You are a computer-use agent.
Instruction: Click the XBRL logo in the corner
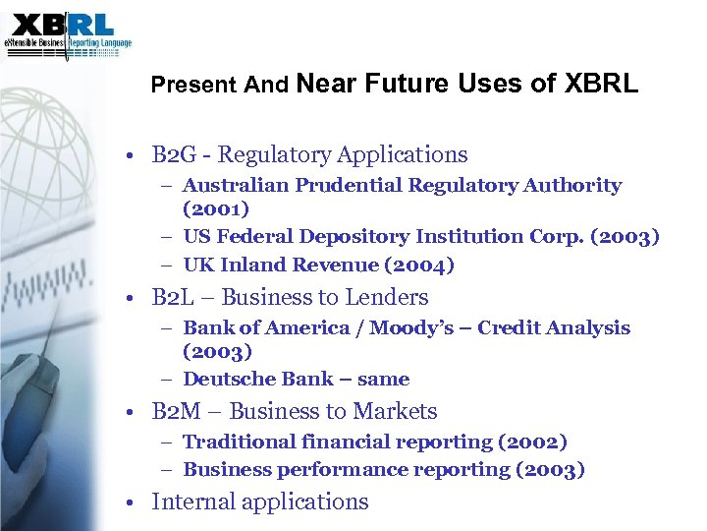coord(67,33)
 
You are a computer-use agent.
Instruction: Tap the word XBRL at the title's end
coord(601,84)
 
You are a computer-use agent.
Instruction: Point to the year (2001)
coord(216,208)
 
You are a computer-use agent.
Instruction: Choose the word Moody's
coord(410,328)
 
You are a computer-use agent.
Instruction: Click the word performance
coord(323,470)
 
